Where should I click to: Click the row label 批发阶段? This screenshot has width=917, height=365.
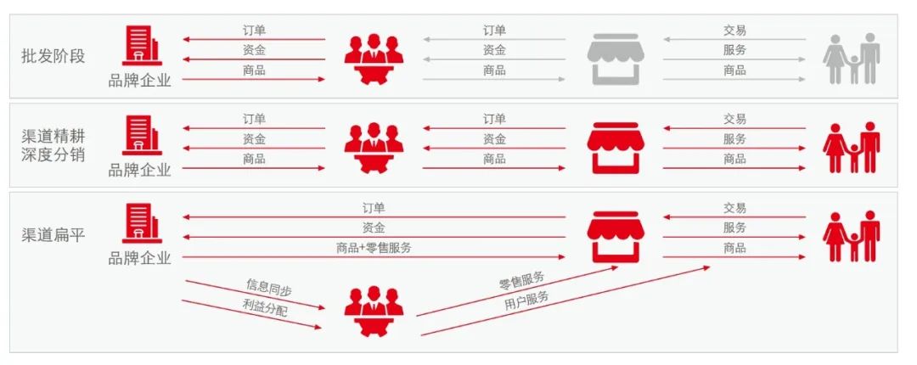click(x=53, y=57)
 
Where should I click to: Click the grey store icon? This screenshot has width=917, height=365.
click(x=616, y=57)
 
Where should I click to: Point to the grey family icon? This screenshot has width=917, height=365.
click(x=851, y=58)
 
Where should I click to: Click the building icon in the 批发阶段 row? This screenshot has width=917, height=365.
click(x=138, y=46)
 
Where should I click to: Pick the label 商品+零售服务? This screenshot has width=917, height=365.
click(x=374, y=248)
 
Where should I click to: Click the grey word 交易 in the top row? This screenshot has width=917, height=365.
click(x=734, y=30)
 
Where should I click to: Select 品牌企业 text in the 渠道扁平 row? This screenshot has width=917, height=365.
click(x=139, y=258)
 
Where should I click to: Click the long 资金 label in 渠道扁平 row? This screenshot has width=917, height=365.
click(x=374, y=227)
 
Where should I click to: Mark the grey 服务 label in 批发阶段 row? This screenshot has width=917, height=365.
click(x=734, y=50)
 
